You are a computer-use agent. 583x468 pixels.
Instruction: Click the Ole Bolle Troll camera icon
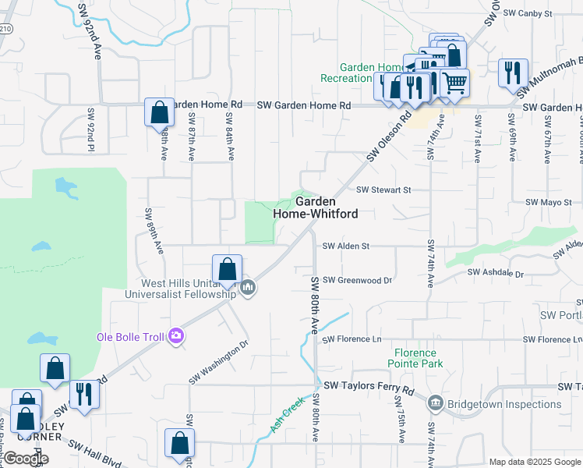coord(176,335)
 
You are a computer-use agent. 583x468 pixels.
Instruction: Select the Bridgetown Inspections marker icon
coord(435,404)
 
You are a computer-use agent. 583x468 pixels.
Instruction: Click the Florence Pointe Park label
coord(416,358)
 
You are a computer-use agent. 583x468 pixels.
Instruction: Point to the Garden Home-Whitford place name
coord(316,207)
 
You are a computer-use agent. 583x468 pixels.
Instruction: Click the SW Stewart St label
coord(383,190)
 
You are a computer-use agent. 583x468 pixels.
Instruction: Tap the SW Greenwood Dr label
coord(357,279)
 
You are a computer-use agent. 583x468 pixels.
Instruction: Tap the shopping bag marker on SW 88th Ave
coord(159,113)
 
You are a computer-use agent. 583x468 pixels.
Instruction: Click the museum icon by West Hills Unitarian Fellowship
coord(248,288)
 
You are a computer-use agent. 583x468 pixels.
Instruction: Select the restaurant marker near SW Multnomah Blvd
coord(513,73)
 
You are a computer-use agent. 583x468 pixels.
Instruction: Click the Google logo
coord(26,459)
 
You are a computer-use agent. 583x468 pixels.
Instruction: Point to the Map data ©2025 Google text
coord(535,462)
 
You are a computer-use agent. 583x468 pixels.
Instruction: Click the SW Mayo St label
coord(549,202)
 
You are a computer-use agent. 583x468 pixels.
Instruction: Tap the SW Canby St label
coord(528,13)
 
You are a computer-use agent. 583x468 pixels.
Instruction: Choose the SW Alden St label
coord(345,246)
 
